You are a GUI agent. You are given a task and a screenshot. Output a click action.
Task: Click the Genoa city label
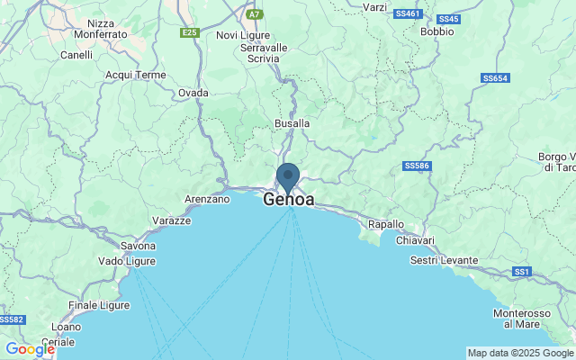pyautogui.click(x=290, y=201)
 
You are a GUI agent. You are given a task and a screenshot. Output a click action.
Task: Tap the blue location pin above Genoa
pyautogui.click(x=288, y=175)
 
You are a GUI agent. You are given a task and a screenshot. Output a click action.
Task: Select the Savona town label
pyautogui.click(x=139, y=246)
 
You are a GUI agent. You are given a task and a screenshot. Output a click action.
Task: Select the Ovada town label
pyautogui.click(x=193, y=93)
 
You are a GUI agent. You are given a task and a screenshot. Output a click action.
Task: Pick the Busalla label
pyautogui.click(x=292, y=123)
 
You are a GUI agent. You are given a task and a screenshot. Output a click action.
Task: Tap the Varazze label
pyautogui.click(x=171, y=220)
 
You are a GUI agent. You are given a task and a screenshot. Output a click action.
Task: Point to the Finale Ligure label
pyautogui.click(x=100, y=305)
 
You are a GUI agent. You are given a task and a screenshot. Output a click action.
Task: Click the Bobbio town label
pyautogui.click(x=436, y=31)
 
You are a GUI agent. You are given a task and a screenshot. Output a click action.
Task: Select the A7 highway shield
pyautogui.click(x=255, y=14)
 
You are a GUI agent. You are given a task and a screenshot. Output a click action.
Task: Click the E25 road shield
pyautogui.click(x=189, y=32)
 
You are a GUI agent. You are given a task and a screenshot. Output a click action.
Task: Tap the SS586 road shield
pyautogui.click(x=416, y=166)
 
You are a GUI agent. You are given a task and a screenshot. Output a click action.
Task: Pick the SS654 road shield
pyautogui.click(x=495, y=78)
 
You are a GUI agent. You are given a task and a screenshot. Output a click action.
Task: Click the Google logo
pyautogui.click(x=29, y=349)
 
